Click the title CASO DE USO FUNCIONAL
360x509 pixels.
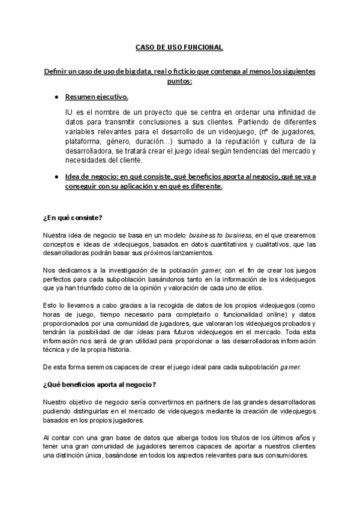click(x=180, y=47)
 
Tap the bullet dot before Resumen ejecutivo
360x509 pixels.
click(x=56, y=97)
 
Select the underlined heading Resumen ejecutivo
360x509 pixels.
click(x=97, y=97)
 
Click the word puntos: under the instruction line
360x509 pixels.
click(x=180, y=81)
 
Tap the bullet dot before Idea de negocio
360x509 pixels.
click(x=56, y=176)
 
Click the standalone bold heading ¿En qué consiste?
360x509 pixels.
click(x=76, y=217)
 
